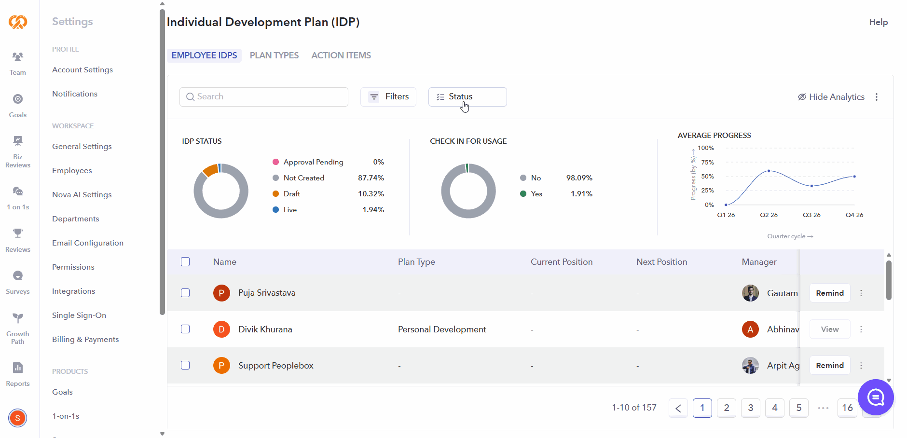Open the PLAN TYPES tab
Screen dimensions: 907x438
pyautogui.click(x=274, y=55)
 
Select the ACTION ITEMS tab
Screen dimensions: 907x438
pyautogui.click(x=341, y=55)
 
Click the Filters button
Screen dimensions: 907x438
pyautogui.click(x=388, y=97)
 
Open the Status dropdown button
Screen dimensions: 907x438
pyautogui.click(x=467, y=97)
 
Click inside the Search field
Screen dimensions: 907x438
pyautogui.click(x=264, y=97)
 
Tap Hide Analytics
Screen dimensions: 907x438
pyautogui.click(x=831, y=97)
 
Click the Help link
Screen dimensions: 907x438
pyautogui.click(x=879, y=22)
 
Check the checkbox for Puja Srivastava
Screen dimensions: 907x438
pyautogui.click(x=185, y=293)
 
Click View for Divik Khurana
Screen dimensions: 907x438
pyautogui.click(x=830, y=329)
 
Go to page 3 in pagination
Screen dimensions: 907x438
pyautogui.click(x=751, y=408)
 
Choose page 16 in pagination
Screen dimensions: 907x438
pyautogui.click(x=848, y=408)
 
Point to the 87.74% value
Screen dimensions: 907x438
pyautogui.click(x=371, y=178)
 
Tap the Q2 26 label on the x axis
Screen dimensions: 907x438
pyautogui.click(x=769, y=215)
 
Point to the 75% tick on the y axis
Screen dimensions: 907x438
pyautogui.click(x=707, y=163)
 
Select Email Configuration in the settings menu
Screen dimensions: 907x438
pyautogui.click(x=88, y=243)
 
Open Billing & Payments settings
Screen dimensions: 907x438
pyautogui.click(x=85, y=340)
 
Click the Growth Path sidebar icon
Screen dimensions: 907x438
pyautogui.click(x=18, y=318)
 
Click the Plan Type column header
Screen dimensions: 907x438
pyautogui.click(x=416, y=262)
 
